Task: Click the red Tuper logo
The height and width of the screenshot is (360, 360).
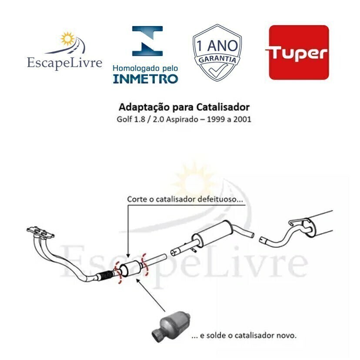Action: click(x=299, y=53)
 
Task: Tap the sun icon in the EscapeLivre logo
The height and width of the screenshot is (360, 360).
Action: click(x=67, y=39)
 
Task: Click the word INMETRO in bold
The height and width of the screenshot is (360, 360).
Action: click(x=146, y=79)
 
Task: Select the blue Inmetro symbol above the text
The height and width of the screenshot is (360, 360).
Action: click(x=147, y=41)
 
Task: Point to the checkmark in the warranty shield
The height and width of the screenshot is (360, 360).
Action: click(x=217, y=70)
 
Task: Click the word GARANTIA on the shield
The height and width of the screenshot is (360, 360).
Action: click(x=217, y=59)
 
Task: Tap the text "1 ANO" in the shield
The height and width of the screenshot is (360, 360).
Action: click(x=217, y=46)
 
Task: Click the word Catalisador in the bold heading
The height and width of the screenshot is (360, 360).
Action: click(x=223, y=107)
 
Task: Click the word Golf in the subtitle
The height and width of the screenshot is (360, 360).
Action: click(x=122, y=119)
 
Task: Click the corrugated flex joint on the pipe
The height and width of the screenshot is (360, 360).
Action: click(x=105, y=275)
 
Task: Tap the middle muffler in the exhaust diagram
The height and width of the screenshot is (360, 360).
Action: click(x=213, y=234)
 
